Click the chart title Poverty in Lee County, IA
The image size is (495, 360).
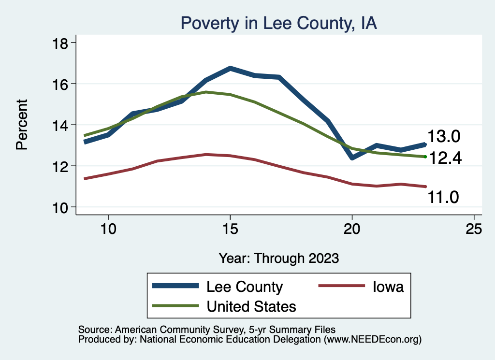(x=278, y=23)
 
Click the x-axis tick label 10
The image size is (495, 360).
(x=108, y=229)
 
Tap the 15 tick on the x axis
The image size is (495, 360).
(x=230, y=229)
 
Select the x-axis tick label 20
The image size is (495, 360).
(x=352, y=229)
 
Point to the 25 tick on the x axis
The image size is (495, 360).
(x=474, y=229)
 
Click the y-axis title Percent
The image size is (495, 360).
(x=22, y=125)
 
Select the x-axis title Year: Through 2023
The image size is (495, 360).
(x=278, y=258)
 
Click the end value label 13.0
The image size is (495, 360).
(x=443, y=137)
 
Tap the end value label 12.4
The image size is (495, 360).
(x=446, y=158)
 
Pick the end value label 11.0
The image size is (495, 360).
(x=442, y=197)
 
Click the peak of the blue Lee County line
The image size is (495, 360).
(x=230, y=69)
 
